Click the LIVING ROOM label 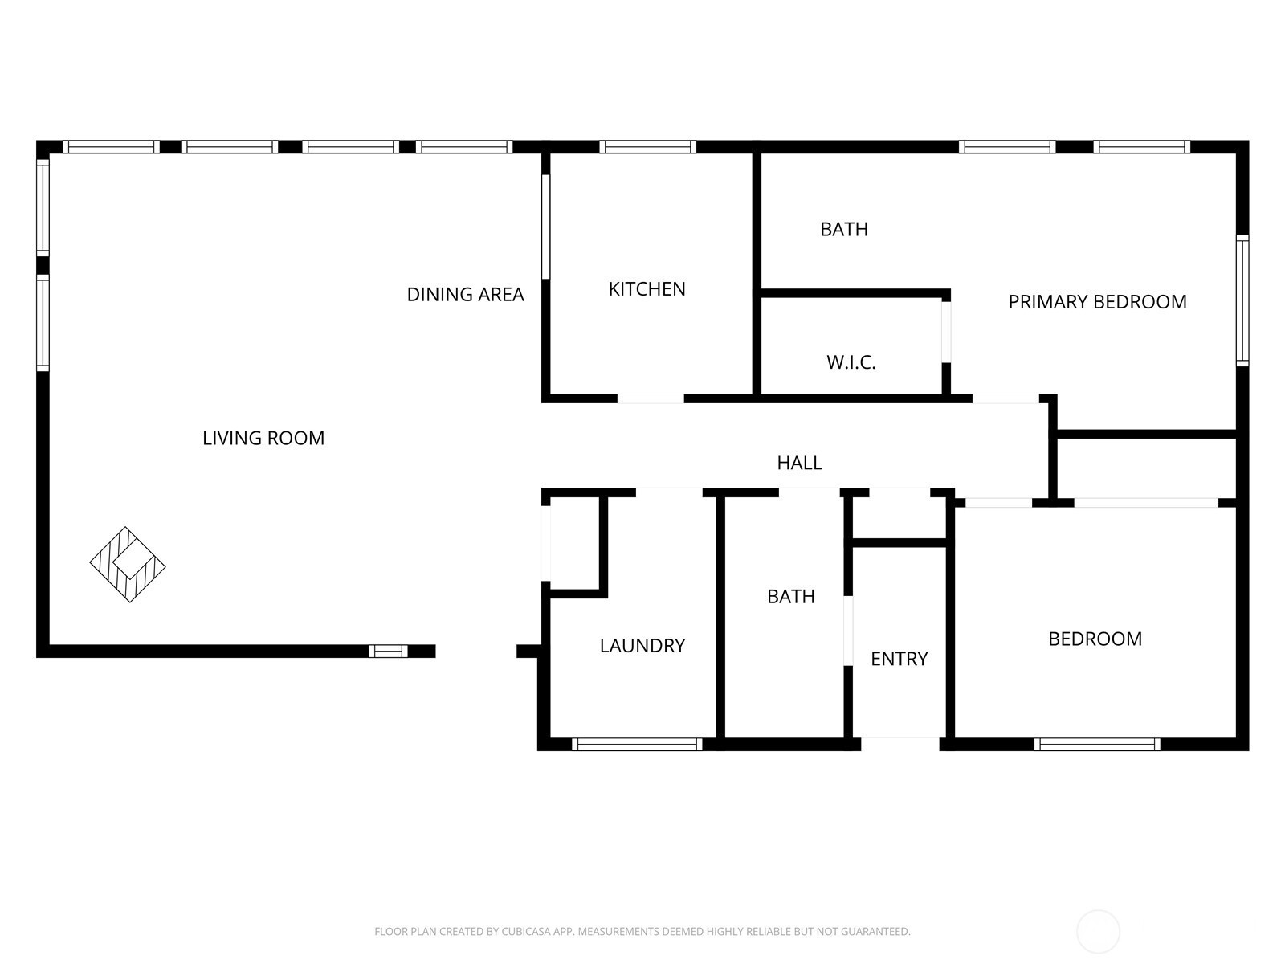click(263, 438)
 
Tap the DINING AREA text click(465, 294)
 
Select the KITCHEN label click(647, 289)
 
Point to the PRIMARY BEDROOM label click(1098, 302)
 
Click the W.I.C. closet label click(851, 362)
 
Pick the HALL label click(800, 463)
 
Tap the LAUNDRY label click(642, 646)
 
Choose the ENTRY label click(899, 659)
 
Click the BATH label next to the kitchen click(844, 230)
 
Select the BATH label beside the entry click(791, 596)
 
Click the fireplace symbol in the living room click(128, 564)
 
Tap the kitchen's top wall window click(648, 147)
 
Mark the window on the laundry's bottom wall click(637, 745)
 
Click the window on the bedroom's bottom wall click(1097, 745)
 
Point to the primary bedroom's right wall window click(1242, 300)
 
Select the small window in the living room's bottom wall click(388, 652)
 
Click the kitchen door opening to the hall click(651, 398)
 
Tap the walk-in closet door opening click(946, 332)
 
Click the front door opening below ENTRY click(899, 745)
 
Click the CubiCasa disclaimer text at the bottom click(642, 931)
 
